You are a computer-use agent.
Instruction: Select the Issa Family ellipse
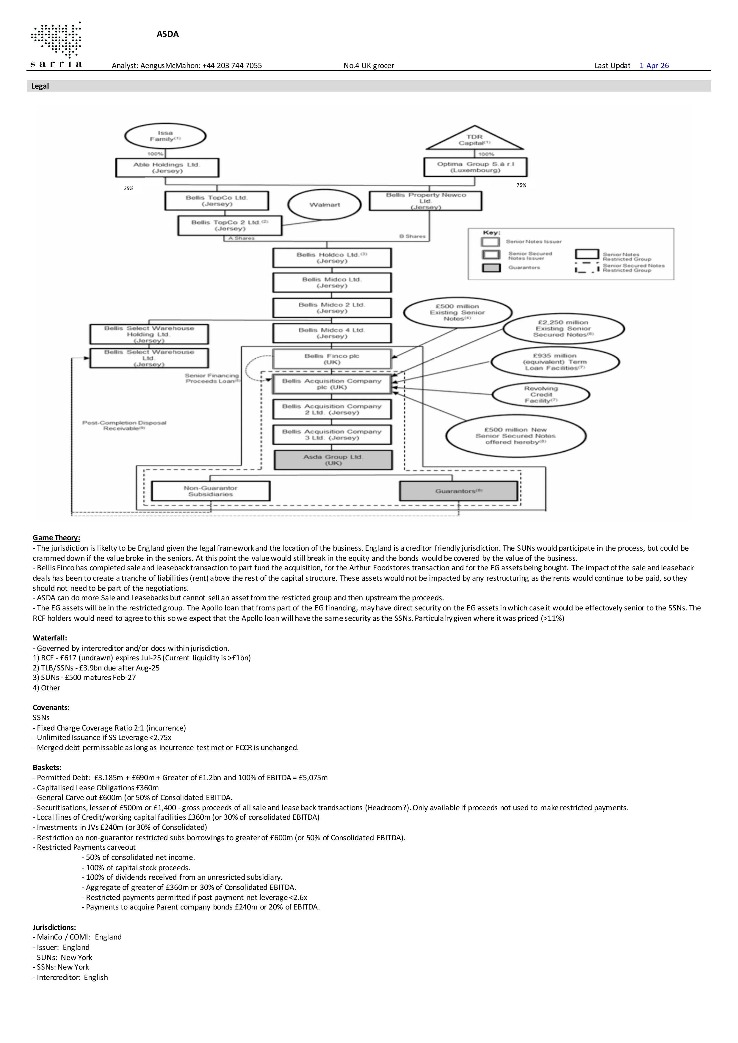point(165,136)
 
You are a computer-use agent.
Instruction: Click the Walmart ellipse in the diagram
point(325,205)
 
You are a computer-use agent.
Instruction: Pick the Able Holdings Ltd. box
point(167,168)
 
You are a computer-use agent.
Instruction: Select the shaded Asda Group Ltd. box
point(333,460)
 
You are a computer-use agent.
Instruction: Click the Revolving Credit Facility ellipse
point(541,394)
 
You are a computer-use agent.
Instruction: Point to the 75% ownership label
point(521,185)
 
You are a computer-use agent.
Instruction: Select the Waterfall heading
point(50,638)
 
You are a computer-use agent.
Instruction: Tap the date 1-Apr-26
point(654,65)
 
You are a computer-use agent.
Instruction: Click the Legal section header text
point(40,86)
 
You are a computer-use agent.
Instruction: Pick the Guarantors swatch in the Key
point(491,268)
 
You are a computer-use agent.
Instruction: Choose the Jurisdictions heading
point(54,927)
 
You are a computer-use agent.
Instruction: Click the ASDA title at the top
point(168,34)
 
